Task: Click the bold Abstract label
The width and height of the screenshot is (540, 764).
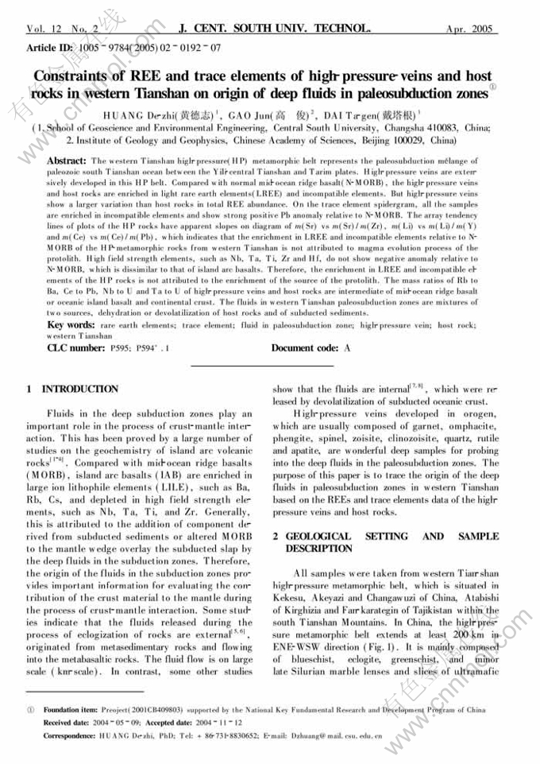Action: pos(67,160)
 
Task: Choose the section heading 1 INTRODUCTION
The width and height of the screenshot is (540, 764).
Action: pos(72,389)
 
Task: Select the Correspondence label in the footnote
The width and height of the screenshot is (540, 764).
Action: pos(71,735)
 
